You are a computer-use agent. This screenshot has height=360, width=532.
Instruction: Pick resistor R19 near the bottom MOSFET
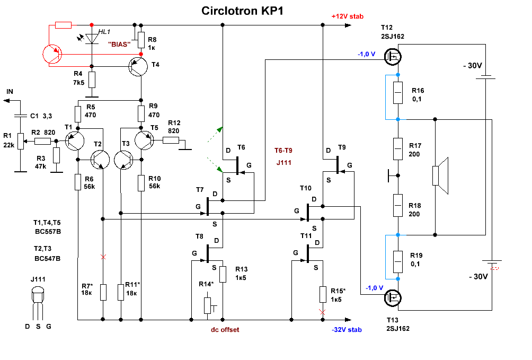[398, 261]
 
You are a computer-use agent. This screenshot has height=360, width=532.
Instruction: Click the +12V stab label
[347, 16]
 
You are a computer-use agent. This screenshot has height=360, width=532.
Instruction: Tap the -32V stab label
[347, 329]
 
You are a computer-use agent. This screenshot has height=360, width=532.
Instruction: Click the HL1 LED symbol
[92, 39]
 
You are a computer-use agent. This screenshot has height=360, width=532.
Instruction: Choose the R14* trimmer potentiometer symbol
[207, 305]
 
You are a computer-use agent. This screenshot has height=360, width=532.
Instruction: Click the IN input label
[10, 92]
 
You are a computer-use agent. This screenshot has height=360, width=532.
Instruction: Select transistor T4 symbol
[139, 66]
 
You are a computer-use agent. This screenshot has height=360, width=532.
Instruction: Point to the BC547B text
[47, 259]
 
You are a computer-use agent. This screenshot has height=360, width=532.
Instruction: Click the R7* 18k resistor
[103, 292]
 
